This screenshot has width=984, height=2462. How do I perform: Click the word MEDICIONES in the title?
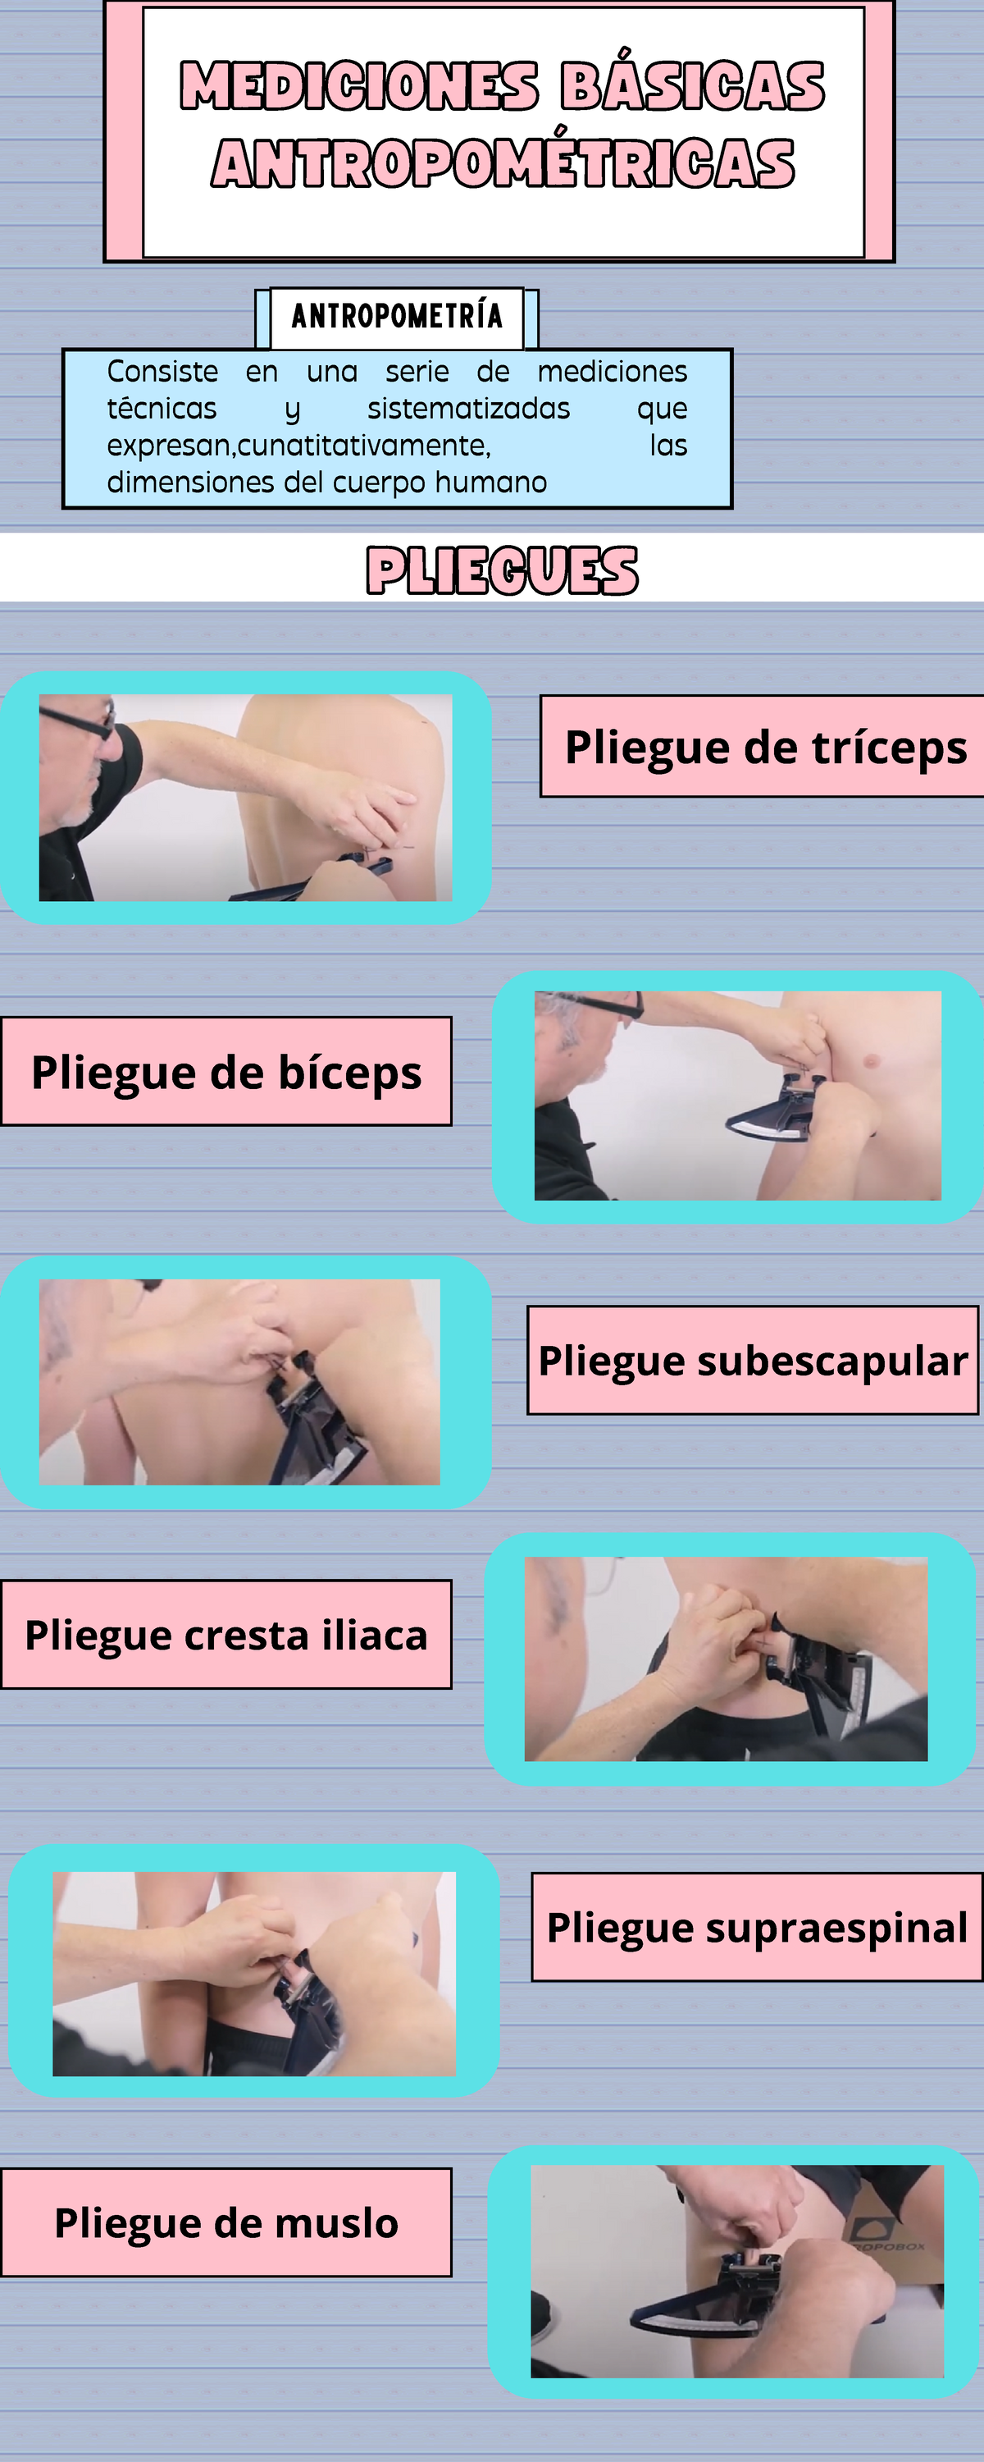358,86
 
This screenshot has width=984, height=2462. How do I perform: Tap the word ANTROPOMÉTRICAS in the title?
503,163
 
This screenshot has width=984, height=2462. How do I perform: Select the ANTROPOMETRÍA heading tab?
396,315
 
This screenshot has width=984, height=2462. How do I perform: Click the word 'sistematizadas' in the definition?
468,409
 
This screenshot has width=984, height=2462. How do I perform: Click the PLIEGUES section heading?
503,570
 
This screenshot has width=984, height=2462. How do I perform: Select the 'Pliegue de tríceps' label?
765,747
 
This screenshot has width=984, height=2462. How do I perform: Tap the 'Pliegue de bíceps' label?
226,1072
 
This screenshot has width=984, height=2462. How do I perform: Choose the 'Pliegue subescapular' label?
753,1360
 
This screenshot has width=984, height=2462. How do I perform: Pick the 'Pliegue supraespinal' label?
757,1927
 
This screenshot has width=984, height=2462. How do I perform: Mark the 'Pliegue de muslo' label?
226,2222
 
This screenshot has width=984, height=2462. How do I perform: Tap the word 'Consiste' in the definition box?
162,372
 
